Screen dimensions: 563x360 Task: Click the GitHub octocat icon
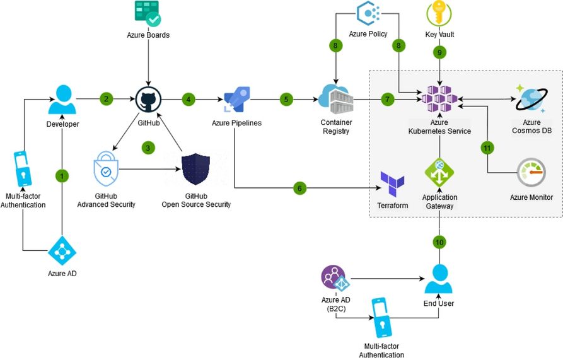(x=148, y=100)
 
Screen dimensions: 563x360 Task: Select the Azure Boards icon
(x=148, y=13)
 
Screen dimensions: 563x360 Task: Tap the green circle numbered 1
(x=62, y=177)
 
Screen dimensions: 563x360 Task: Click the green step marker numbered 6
(x=300, y=188)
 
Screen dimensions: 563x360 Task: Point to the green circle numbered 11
(x=487, y=148)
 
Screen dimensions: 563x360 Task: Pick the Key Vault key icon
(x=439, y=13)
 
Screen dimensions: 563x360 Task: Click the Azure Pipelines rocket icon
(x=236, y=100)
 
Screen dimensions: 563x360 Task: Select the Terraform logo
(x=392, y=184)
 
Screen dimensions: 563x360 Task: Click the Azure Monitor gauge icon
(x=531, y=173)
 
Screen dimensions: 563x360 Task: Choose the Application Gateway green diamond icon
(x=439, y=173)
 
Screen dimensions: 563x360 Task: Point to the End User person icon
(x=439, y=279)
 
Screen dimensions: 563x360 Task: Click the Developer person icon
(x=62, y=100)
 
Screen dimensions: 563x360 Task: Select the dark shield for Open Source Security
(x=195, y=169)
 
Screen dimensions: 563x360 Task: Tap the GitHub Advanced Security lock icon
(x=105, y=169)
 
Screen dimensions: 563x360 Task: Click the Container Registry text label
(x=336, y=127)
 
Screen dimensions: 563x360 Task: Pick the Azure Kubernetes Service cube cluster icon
(x=439, y=99)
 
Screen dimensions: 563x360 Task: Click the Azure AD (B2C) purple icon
(x=335, y=279)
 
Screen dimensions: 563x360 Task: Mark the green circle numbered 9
(x=439, y=53)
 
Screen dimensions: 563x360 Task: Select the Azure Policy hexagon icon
(x=368, y=13)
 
